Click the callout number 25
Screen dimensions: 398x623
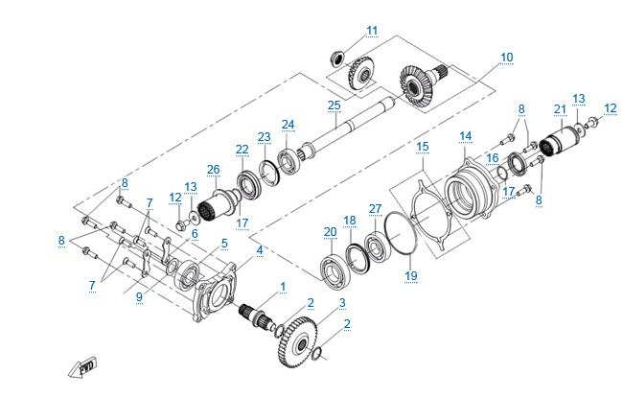334,105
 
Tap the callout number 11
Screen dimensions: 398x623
372,30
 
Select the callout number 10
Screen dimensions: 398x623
506,58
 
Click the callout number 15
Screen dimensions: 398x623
422,147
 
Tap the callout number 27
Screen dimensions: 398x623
375,208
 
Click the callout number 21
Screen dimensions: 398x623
561,108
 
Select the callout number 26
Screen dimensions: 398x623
213,170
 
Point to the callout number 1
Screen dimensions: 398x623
283,287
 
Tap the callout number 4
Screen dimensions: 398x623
259,250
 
